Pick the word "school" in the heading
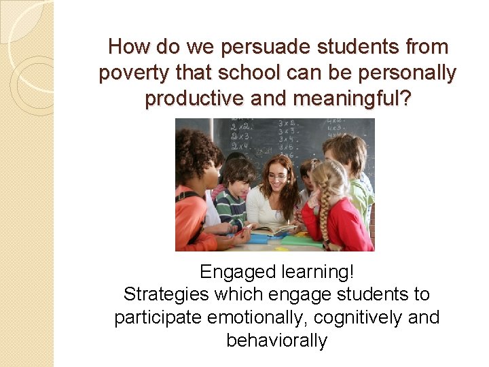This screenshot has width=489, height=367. pos(236,73)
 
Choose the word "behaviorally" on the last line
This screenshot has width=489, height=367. pos(276,340)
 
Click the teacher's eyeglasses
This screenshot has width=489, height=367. pos(277,176)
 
